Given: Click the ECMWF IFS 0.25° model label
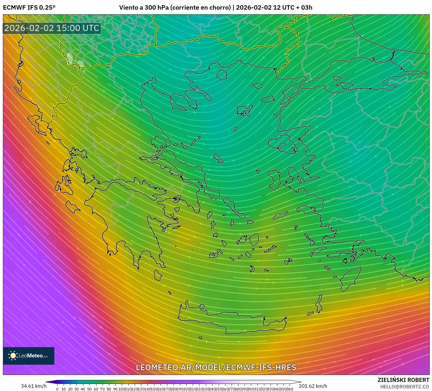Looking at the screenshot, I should [x=29, y=8].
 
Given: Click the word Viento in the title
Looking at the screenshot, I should [x=129, y=8].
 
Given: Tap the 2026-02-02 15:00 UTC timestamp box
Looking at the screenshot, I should [x=52, y=28].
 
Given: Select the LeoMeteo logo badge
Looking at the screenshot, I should [x=29, y=356].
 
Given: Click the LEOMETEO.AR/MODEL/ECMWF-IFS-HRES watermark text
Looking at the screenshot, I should [x=216, y=367].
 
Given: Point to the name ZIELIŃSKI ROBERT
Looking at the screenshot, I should [x=403, y=380].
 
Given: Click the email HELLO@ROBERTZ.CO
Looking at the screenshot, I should [x=405, y=386].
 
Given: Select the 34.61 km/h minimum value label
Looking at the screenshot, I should [x=34, y=386].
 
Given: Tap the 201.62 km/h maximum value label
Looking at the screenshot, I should [x=313, y=386].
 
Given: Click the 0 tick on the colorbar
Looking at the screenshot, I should [x=57, y=389].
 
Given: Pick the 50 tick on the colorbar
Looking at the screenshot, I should [x=89, y=389].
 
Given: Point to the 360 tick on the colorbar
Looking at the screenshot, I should [x=289, y=389].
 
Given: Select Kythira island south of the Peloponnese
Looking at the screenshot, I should [x=158, y=275].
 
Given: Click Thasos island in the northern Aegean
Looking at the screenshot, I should [x=222, y=75].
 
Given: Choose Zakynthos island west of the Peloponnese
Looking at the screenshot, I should [x=72, y=207].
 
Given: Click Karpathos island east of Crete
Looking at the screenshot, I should [x=319, y=304].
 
